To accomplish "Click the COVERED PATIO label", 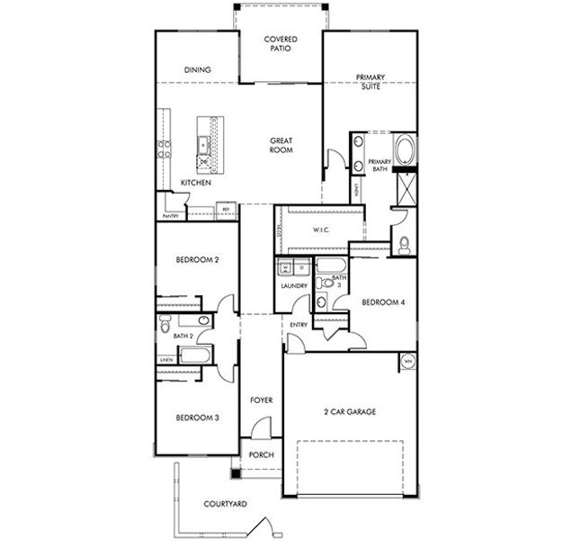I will point(280,45).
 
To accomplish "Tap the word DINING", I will point(197,69).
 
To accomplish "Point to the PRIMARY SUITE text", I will point(370,83).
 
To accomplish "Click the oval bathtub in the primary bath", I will point(406,148).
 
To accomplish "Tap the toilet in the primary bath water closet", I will point(404,243).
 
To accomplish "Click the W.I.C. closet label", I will point(322,230).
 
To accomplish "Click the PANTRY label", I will point(171,216).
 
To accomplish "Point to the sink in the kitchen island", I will point(203,143).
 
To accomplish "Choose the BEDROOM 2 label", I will point(197,259).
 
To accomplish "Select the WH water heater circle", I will point(407,362).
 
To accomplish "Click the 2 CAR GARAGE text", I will point(349,411).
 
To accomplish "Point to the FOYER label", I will point(261,400).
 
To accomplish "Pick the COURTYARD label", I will point(225,504).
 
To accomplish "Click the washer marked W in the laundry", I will point(285,267).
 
